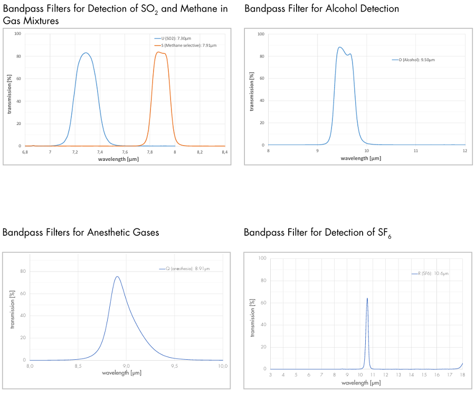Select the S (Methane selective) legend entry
tap(185, 45)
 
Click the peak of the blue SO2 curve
tap(85, 53)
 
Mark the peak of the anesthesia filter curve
tap(117, 276)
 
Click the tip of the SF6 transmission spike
tap(367, 299)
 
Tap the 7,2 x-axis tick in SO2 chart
tap(75, 152)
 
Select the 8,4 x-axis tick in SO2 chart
tap(224, 152)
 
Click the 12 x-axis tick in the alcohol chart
tap(464, 151)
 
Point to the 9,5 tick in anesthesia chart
tap(174, 366)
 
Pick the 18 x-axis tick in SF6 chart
tap(463, 375)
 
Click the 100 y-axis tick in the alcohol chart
tap(261, 34)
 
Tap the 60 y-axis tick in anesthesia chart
tap(23, 293)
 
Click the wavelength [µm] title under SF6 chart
tap(360, 383)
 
